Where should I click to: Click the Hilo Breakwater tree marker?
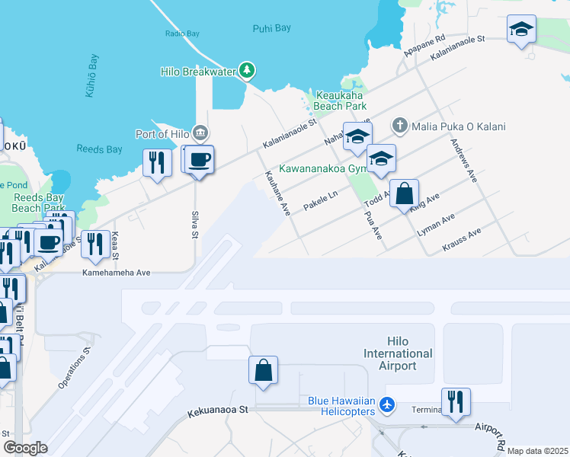(x=246, y=71)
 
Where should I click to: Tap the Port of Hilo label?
(x=162, y=134)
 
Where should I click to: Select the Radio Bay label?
(x=181, y=34)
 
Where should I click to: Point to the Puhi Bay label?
(x=271, y=28)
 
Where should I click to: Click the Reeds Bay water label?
(x=94, y=150)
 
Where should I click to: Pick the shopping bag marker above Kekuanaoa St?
(x=263, y=371)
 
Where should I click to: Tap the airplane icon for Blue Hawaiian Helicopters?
(x=387, y=405)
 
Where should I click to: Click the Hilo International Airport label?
(x=398, y=353)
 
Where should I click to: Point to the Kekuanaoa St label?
(x=218, y=411)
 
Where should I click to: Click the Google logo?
(x=24, y=448)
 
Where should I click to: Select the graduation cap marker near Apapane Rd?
(x=521, y=30)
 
